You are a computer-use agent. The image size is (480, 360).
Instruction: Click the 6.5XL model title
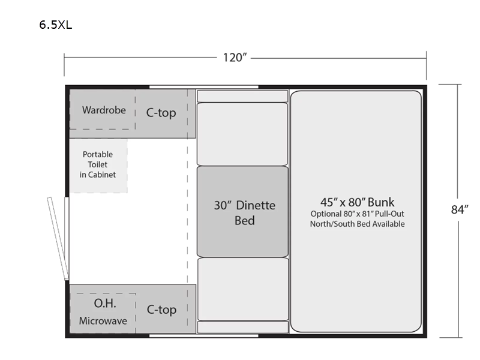point(56,25)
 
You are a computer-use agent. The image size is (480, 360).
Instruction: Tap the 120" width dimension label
point(235,57)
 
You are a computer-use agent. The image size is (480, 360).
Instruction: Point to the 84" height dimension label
point(460,209)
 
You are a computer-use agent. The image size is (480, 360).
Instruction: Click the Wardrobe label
point(104,110)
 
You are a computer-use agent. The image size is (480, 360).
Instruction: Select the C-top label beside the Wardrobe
point(161,113)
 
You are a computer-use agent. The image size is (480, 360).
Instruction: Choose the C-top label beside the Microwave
point(161,310)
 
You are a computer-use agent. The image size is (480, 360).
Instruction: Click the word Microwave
point(103,321)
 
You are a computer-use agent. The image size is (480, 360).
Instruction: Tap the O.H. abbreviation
point(105,304)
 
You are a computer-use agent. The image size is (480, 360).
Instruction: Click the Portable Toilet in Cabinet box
point(98,166)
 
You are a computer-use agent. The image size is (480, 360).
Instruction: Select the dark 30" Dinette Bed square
point(242,212)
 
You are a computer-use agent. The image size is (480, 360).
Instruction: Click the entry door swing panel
point(58,238)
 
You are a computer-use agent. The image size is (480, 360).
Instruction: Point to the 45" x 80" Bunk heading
point(357,202)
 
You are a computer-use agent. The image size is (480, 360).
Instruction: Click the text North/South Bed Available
point(357,224)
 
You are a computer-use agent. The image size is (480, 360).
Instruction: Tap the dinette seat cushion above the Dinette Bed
point(242,134)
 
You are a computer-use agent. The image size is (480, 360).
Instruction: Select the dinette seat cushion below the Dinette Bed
point(243,289)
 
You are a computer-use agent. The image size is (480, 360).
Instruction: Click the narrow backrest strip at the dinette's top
point(242,96)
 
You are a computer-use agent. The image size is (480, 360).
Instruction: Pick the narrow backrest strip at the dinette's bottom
point(243,327)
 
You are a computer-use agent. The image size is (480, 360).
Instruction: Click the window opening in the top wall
point(204,87)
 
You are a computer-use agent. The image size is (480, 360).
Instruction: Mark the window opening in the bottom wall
point(204,336)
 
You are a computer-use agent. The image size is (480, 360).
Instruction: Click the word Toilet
point(98,164)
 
